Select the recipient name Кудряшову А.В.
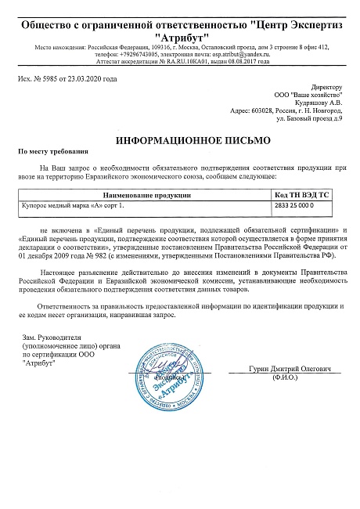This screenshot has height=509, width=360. (318, 102)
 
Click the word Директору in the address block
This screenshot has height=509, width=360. (326, 86)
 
